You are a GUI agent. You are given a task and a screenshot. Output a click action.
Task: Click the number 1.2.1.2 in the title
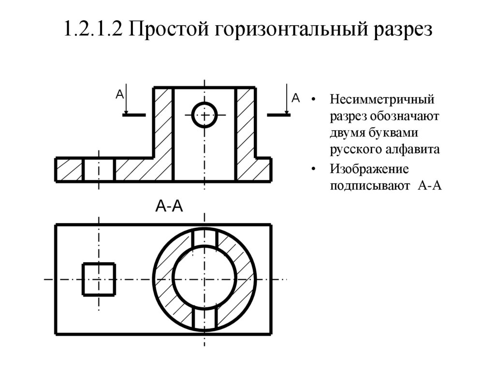(92, 30)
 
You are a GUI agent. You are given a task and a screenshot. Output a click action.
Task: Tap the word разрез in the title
(401, 30)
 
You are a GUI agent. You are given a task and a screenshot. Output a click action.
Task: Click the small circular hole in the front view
(204, 115)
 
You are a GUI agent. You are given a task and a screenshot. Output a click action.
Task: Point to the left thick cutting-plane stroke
(133, 115)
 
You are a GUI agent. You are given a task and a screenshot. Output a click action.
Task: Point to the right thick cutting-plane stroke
(278, 115)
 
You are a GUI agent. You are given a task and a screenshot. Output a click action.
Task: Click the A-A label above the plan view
(169, 207)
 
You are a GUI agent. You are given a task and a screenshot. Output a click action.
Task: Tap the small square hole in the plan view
(99, 279)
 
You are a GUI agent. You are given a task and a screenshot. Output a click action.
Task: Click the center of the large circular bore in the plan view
(204, 279)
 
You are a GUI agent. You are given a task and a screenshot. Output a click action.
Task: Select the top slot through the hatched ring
(204, 237)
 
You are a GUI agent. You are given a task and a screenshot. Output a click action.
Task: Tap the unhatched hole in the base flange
(99, 169)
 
